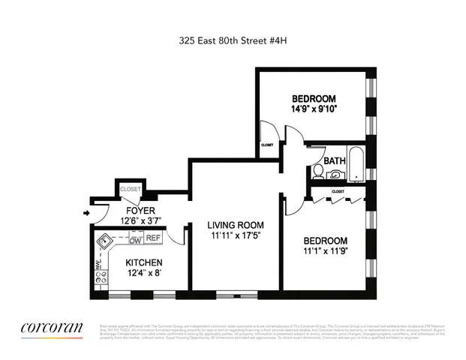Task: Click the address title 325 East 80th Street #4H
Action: point(232,41)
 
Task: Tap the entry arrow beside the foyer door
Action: point(86,213)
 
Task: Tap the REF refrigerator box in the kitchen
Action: point(154,238)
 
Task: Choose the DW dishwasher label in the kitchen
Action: point(136,240)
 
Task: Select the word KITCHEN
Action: point(143,263)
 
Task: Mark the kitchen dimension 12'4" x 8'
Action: point(143,274)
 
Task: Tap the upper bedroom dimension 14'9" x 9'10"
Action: point(314,109)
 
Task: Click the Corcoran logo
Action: point(51,327)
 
